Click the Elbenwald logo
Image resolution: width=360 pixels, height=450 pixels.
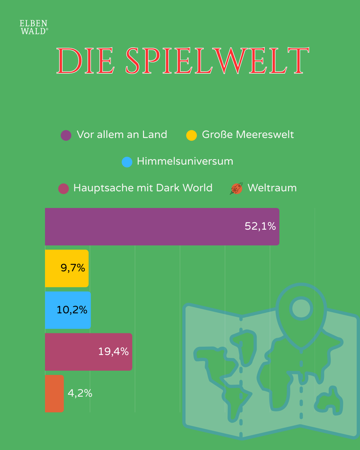pos(34,27)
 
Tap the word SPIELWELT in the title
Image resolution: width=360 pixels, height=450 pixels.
pos(217,61)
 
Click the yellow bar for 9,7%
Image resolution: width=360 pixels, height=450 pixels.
pos(67,268)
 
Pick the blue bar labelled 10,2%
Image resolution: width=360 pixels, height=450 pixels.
pos(68,310)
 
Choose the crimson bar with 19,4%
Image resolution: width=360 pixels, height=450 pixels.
pos(88,352)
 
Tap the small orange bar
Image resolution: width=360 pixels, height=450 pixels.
pos(54,394)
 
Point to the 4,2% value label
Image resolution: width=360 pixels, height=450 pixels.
pos(80,393)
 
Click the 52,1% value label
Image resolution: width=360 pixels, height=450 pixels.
pos(260,226)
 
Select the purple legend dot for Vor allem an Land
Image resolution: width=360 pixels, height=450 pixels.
pos(66,135)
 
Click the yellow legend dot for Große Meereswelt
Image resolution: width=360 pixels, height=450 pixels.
pos(191,135)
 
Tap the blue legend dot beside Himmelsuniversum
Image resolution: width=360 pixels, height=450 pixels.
pos(127,162)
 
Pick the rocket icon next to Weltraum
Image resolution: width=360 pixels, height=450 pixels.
pos(236,188)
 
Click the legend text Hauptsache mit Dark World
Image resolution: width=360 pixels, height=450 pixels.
pos(143,188)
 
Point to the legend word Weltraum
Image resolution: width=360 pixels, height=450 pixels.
pos(272,188)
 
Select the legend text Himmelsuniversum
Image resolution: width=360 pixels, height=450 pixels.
pos(185,161)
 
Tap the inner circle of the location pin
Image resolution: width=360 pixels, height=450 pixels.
pos(301,308)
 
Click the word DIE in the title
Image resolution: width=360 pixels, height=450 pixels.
pos(85,61)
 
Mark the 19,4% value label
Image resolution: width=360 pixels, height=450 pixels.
pos(113,351)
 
